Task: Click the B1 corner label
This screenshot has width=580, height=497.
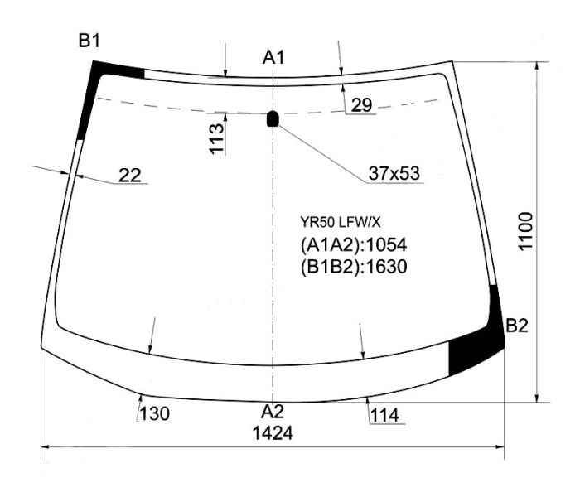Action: (x=89, y=40)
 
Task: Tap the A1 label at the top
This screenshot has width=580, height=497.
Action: (x=273, y=57)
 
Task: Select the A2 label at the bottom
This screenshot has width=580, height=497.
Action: (x=273, y=411)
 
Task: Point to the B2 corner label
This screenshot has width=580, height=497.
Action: (x=517, y=326)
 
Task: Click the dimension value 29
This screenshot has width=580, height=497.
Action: (x=361, y=105)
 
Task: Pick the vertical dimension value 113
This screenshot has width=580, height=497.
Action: (x=217, y=138)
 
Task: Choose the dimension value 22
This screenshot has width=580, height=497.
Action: (x=130, y=176)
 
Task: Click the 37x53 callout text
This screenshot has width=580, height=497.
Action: (x=394, y=173)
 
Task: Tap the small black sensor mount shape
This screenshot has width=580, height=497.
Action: (x=273, y=118)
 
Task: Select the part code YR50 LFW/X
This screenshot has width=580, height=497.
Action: (x=341, y=222)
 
